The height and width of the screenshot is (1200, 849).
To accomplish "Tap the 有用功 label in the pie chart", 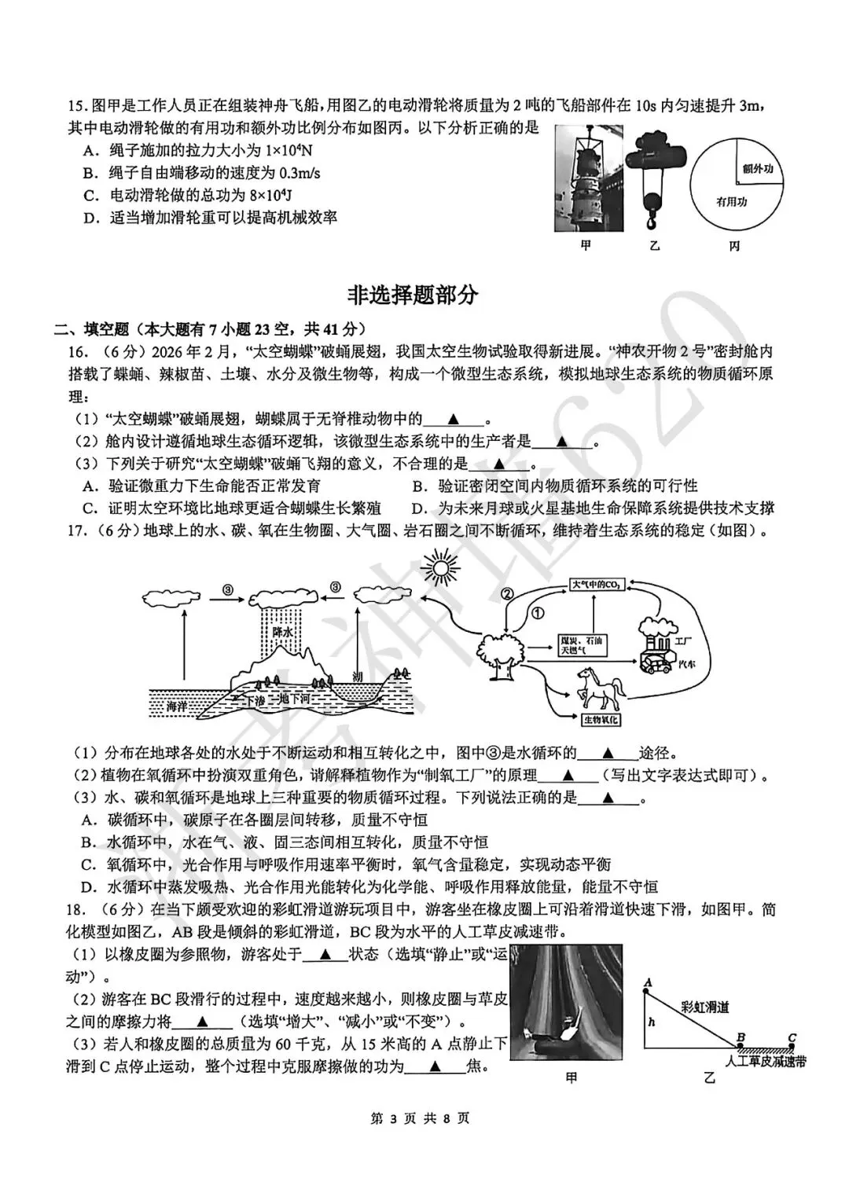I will click(731, 203).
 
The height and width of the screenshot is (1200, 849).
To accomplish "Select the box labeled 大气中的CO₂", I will click(597, 585).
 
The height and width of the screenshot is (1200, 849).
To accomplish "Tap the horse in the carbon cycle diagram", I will click(600, 687).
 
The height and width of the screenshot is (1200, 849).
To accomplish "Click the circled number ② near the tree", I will click(507, 594).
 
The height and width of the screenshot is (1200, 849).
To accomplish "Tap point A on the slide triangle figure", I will click(647, 982).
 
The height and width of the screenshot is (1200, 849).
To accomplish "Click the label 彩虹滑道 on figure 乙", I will click(704, 1007).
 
